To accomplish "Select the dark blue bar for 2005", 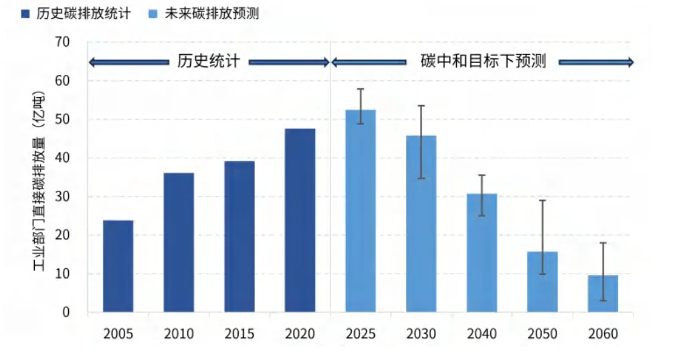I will click(118, 266).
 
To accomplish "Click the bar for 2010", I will click(179, 242).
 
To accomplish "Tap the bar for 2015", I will click(239, 236).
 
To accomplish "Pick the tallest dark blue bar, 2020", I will click(300, 220).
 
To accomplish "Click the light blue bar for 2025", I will click(361, 211).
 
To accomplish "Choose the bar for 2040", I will click(482, 253).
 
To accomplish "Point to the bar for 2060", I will click(603, 294).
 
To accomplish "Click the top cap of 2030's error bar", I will click(421, 106).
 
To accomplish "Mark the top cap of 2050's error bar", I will click(543, 200).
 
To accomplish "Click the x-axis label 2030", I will click(421, 334).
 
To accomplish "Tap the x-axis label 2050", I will click(543, 334).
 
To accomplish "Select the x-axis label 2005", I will click(118, 334).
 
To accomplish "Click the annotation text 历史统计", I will click(208, 62).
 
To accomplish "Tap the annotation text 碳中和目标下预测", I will click(483, 62).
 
